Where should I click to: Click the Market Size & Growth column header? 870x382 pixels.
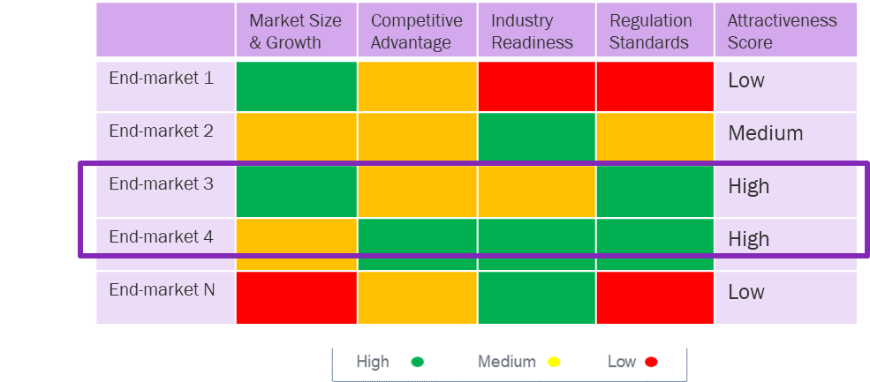pyautogui.click(x=295, y=32)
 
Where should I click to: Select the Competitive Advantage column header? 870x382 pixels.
pyautogui.click(x=416, y=32)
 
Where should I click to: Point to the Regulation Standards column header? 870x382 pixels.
pyautogui.click(x=654, y=32)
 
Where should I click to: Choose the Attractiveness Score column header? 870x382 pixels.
pyautogui.click(x=782, y=32)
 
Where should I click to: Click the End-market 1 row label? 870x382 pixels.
pyautogui.click(x=161, y=79)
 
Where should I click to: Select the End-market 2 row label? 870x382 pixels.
pyautogui.click(x=161, y=131)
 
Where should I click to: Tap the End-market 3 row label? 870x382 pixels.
pyautogui.click(x=161, y=184)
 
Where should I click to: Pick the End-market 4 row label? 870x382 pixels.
pyautogui.click(x=161, y=237)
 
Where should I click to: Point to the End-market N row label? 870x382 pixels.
pyautogui.click(x=161, y=290)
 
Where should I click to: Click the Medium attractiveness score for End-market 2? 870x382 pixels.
pyautogui.click(x=765, y=134)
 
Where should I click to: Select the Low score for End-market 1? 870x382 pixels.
pyautogui.click(x=745, y=81)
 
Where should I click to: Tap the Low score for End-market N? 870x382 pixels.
pyautogui.click(x=745, y=293)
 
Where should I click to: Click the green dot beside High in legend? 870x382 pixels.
pyautogui.click(x=418, y=362)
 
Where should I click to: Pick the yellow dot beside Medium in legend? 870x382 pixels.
pyautogui.click(x=554, y=362)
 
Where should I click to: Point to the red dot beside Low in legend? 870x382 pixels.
pyautogui.click(x=651, y=362)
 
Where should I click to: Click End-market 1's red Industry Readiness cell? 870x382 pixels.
pyautogui.click(x=536, y=86)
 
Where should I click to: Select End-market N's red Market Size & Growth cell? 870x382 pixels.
pyautogui.click(x=296, y=297)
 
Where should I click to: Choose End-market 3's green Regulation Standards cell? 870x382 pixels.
pyautogui.click(x=654, y=190)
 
